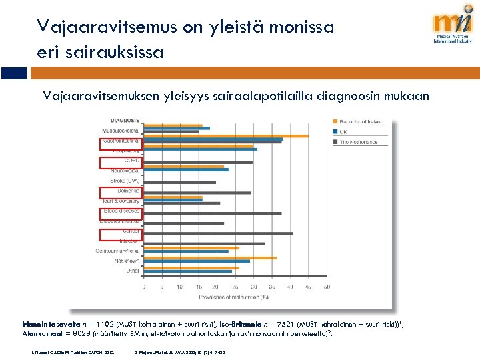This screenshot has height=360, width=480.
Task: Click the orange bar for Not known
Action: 210,257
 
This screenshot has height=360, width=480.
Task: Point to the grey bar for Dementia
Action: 197,193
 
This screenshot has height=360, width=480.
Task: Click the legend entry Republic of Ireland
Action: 362,121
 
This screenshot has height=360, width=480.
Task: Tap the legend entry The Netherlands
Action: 359,142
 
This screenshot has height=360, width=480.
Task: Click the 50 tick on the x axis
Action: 326,287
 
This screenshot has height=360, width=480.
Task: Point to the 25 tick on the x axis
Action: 235,287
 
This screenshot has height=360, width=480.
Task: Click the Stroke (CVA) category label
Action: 125,181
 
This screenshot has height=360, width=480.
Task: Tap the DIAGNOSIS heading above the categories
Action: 125,120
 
